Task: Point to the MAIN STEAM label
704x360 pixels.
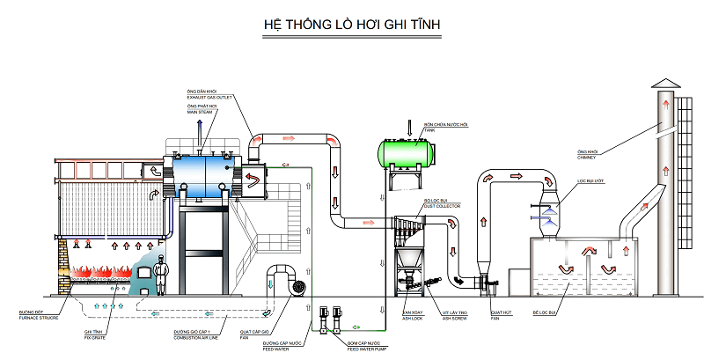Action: tap(202, 112)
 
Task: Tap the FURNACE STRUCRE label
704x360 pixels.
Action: tap(36, 314)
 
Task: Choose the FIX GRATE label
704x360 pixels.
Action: tap(95, 335)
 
